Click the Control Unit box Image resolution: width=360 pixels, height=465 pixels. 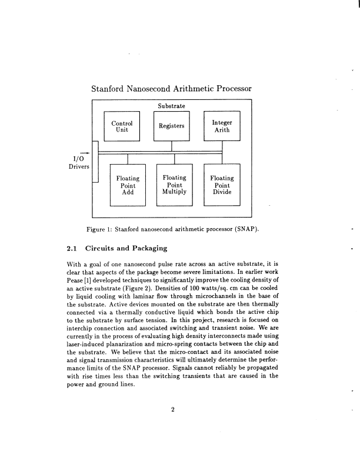point(122,126)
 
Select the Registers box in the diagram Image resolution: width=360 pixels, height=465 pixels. point(171,126)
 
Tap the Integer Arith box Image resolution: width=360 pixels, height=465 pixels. point(221,126)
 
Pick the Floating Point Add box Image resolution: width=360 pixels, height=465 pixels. point(128,185)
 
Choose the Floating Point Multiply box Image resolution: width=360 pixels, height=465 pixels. point(175,185)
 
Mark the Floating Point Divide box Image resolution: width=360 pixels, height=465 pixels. point(222,185)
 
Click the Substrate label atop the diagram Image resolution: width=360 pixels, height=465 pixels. point(172,106)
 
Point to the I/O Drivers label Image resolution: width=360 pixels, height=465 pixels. point(79,162)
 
